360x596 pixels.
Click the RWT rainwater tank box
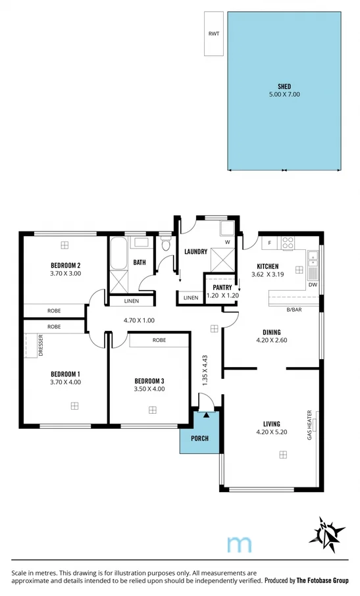click(213, 34)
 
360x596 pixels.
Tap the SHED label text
click(284, 86)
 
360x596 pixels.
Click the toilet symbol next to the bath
click(166, 246)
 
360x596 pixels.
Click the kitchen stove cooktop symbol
click(288, 243)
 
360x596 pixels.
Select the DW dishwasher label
click(312, 284)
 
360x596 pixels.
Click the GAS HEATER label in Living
click(309, 425)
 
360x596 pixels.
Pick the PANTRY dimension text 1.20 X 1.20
click(221, 296)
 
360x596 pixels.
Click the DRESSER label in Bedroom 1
click(30, 345)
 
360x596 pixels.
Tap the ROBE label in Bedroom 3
click(159, 340)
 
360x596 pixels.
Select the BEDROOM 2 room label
click(66, 265)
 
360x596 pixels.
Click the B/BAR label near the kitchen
click(294, 309)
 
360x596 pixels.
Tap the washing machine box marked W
click(227, 241)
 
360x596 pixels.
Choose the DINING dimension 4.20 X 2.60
click(272, 340)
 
